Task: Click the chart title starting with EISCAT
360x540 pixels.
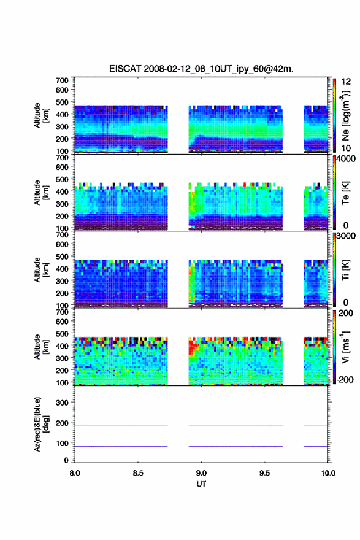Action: click(201, 69)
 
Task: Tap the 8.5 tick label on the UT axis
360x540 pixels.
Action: click(138, 473)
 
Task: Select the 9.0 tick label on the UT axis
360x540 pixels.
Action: click(201, 473)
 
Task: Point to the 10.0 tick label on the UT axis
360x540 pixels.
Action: click(328, 473)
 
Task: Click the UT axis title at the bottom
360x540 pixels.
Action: click(201, 484)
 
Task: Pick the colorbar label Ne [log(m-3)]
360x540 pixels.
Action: click(346, 115)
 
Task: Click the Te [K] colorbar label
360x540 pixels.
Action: click(345, 193)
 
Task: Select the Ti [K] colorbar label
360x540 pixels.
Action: click(345, 270)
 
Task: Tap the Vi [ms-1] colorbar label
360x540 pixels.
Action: click(345, 347)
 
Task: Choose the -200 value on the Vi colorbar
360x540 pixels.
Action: click(345, 379)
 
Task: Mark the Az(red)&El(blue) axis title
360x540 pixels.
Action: click(41, 424)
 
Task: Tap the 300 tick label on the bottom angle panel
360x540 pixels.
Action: click(63, 403)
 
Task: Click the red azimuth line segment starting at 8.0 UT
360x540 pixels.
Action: click(121, 426)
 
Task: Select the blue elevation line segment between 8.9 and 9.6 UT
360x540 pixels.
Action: click(236, 446)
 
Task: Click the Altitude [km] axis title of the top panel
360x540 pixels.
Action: click(41, 115)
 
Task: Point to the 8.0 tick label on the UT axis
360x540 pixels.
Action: click(75, 473)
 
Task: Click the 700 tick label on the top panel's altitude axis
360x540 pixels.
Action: click(63, 80)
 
